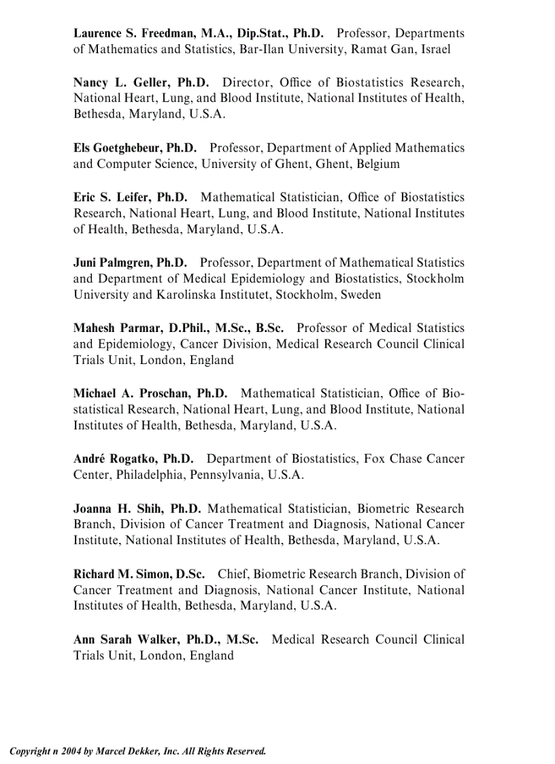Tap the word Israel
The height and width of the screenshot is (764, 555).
(435, 50)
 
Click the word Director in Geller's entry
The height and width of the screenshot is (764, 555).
(248, 83)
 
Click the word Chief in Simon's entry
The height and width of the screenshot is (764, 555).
(233, 574)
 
